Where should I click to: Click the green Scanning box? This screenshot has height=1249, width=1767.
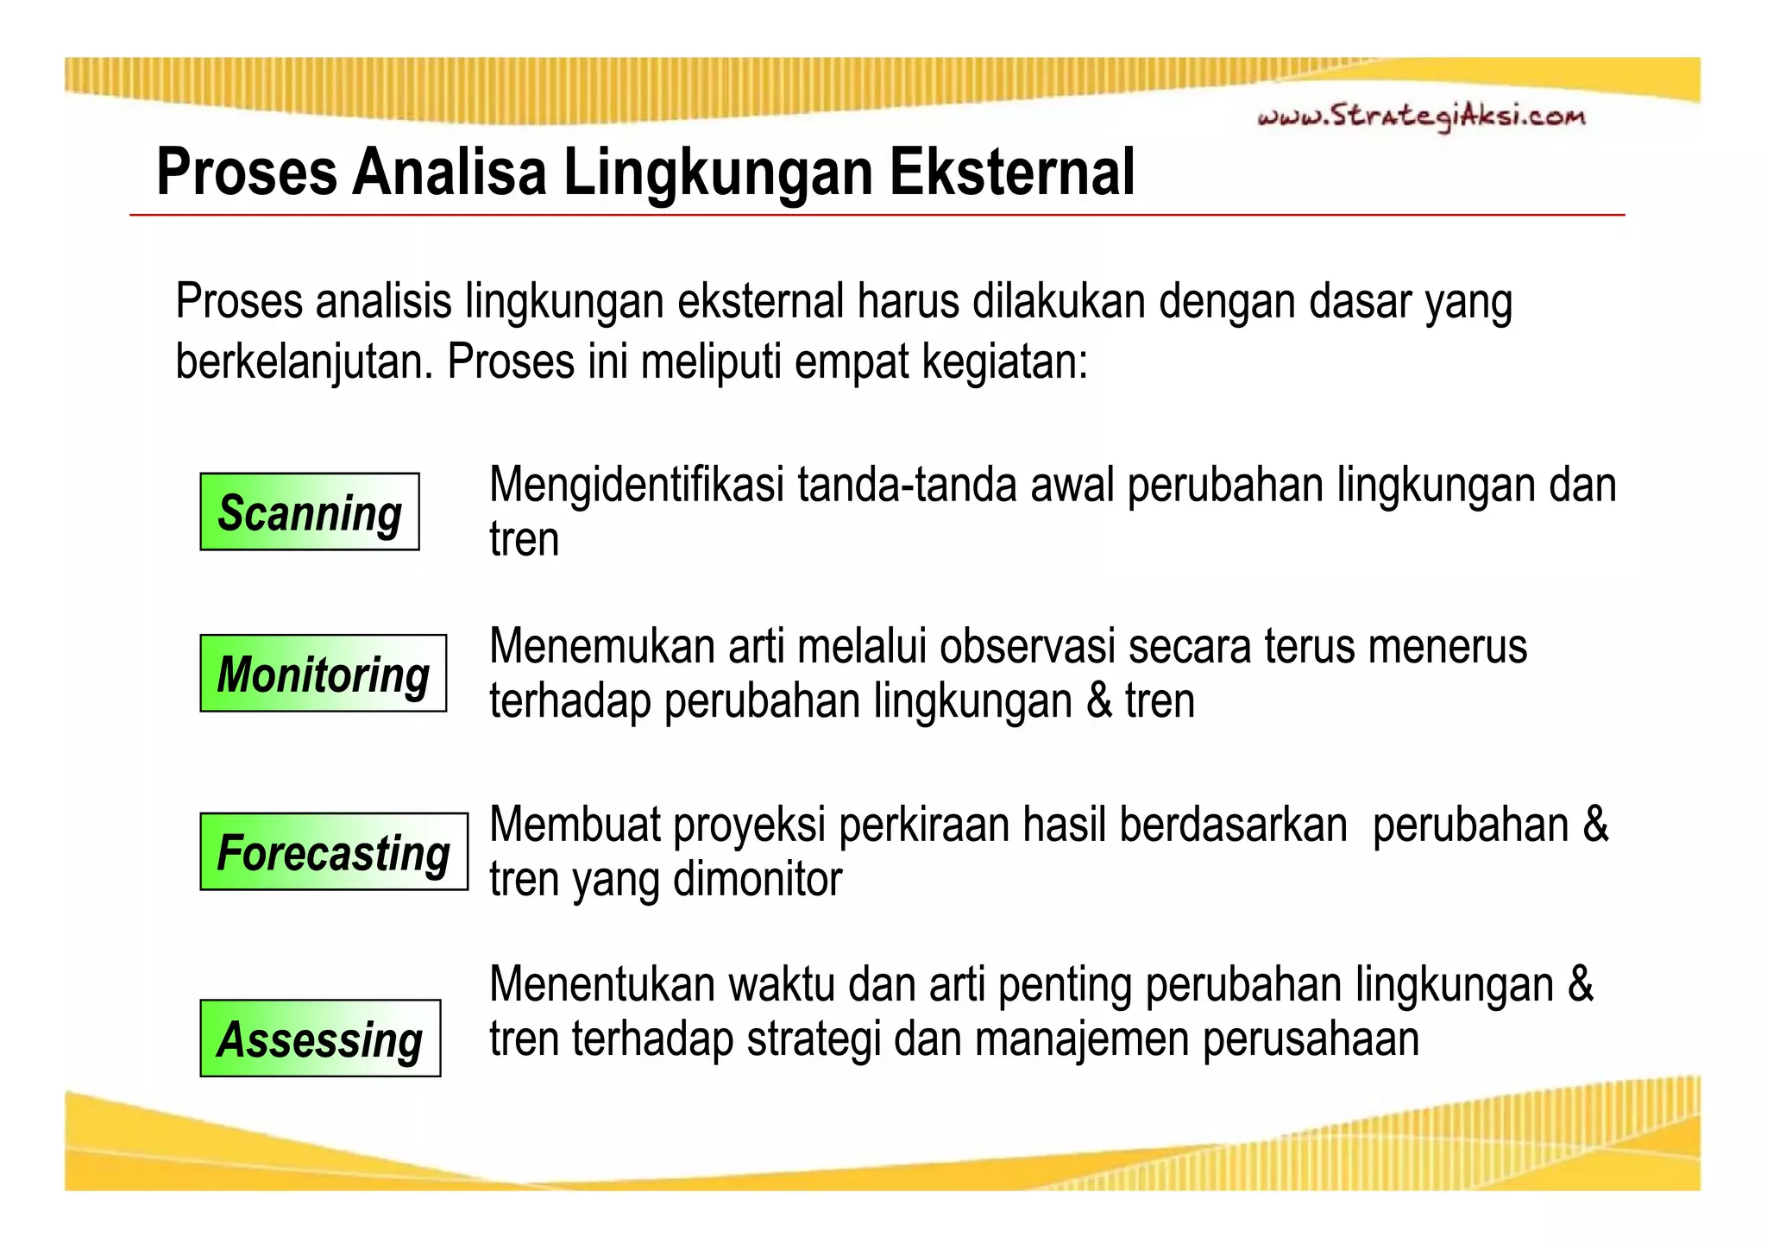click(x=310, y=512)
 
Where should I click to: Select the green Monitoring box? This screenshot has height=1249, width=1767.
click(x=324, y=674)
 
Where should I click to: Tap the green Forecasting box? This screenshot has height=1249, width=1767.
click(x=334, y=851)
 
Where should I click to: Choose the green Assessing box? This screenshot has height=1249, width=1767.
click(x=320, y=1039)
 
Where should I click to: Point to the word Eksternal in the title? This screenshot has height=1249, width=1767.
click(x=1011, y=173)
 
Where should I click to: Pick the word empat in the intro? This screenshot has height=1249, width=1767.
click(x=852, y=362)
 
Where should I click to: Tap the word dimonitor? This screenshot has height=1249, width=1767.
click(x=758, y=879)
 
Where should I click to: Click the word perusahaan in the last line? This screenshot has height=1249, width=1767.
click(x=1311, y=1039)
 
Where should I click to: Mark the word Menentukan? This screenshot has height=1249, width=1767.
click(x=602, y=984)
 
